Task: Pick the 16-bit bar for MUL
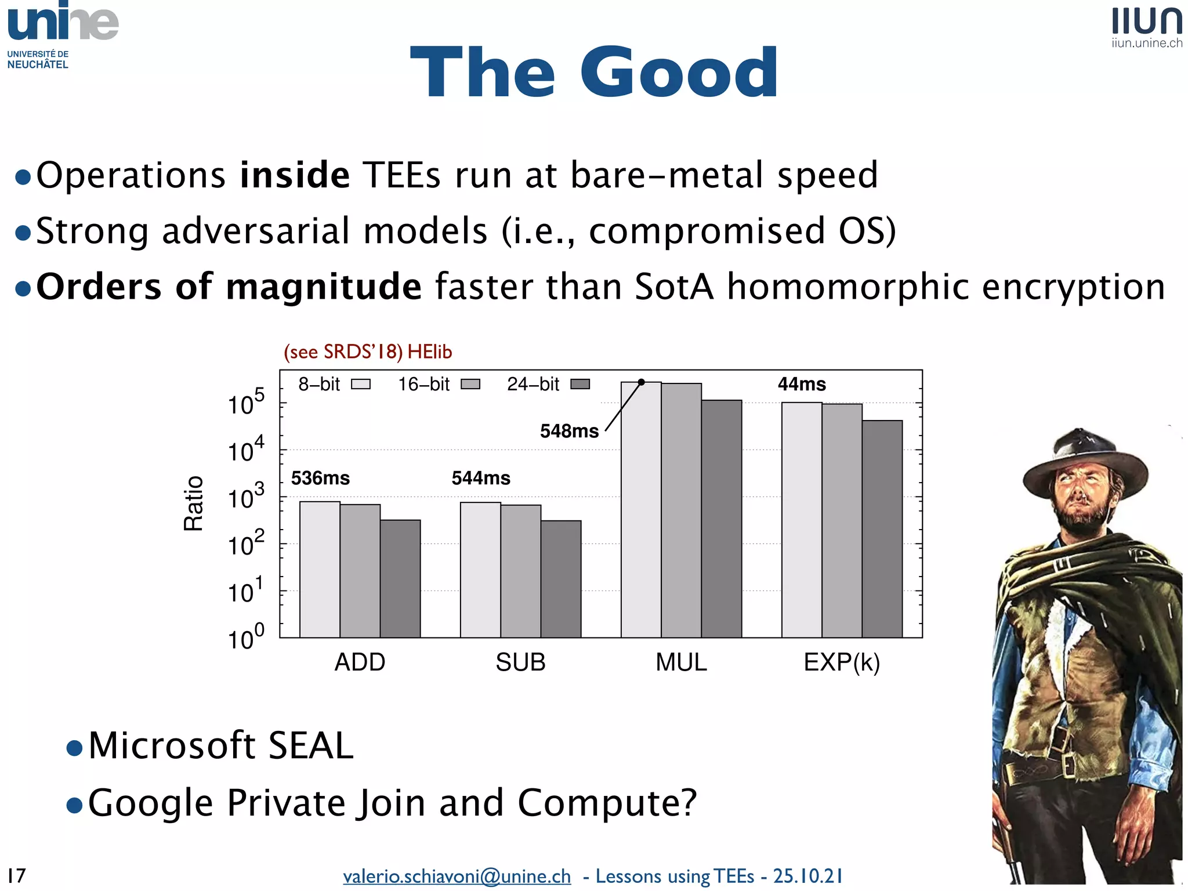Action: (x=681, y=510)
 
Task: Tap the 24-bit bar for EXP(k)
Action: (x=882, y=528)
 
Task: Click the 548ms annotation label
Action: (x=569, y=431)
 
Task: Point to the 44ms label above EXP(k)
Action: (x=802, y=384)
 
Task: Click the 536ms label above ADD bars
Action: (x=320, y=478)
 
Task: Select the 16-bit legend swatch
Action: (x=470, y=384)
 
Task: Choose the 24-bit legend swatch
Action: (x=580, y=384)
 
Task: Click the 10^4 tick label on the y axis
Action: (x=245, y=450)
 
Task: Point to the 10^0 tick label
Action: (x=245, y=638)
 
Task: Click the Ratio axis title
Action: (x=193, y=503)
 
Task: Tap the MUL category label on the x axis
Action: (x=681, y=662)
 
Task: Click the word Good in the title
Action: (x=679, y=73)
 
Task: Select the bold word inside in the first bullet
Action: (x=295, y=175)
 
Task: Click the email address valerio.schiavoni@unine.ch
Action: (x=457, y=876)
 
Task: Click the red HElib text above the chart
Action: (x=429, y=352)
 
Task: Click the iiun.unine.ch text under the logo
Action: (x=1146, y=43)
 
